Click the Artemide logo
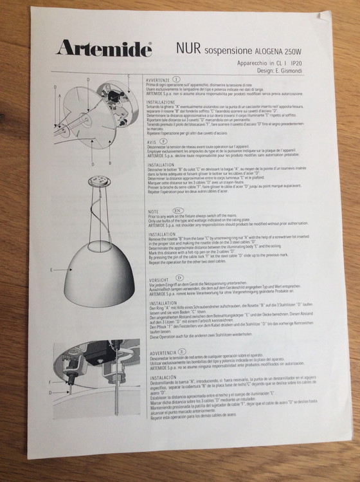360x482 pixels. click(103, 48)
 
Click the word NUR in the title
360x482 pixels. click(189, 48)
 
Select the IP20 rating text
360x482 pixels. click(297, 64)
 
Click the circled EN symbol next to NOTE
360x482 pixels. click(177, 210)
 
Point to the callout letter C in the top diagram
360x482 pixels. click(128, 77)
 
